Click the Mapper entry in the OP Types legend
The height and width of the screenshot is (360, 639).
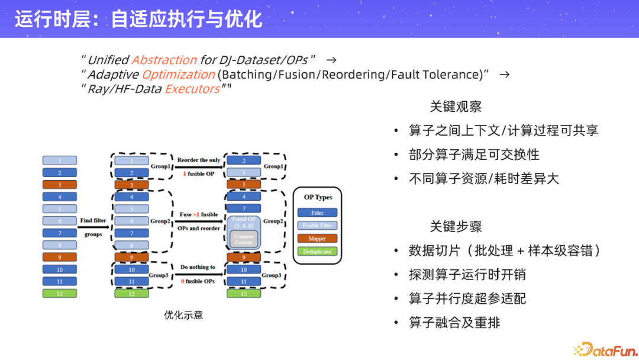[317, 239]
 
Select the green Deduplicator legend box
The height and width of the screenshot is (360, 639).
[317, 251]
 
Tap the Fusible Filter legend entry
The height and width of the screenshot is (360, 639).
[317, 226]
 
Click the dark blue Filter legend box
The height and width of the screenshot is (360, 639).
[317, 213]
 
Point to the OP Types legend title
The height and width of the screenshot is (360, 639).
[318, 197]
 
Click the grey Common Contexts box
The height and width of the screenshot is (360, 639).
[243, 239]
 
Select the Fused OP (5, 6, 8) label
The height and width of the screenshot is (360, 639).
[243, 223]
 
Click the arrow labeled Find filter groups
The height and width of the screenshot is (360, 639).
[93, 227]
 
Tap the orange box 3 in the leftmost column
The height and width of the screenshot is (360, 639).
[59, 184]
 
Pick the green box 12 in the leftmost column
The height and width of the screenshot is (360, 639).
[59, 293]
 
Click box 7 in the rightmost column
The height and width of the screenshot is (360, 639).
[243, 208]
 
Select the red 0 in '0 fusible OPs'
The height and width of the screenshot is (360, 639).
[183, 281]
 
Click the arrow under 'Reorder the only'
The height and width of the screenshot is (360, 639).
[198, 167]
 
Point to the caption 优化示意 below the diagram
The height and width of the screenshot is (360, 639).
[183, 315]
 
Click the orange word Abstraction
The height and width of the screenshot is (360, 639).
[164, 60]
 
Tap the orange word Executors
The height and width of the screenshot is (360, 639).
[192, 89]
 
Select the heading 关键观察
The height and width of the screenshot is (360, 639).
[456, 107]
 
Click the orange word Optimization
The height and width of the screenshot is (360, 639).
[178, 75]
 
